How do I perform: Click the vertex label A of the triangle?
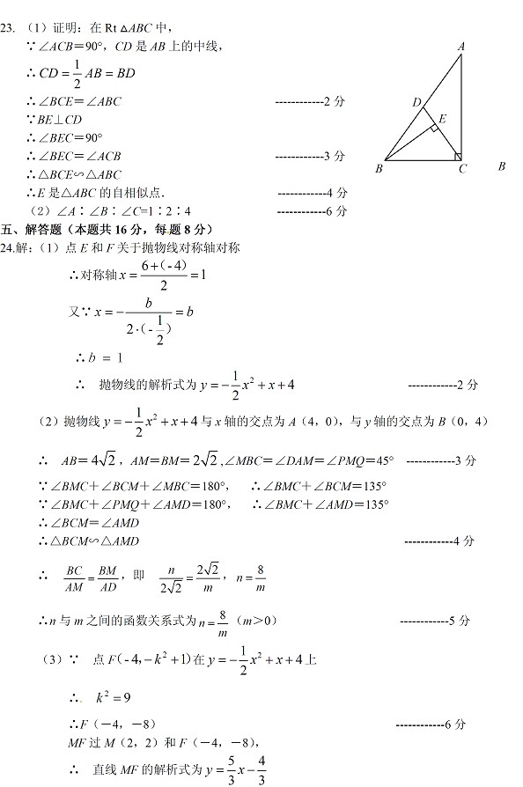click(461, 46)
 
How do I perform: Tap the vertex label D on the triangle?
click(416, 103)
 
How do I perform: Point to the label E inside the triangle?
click(442, 117)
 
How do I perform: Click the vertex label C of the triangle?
click(462, 168)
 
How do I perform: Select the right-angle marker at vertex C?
click(458, 157)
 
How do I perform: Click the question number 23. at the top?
click(7, 27)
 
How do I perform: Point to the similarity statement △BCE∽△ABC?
click(75, 174)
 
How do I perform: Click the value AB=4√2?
click(83, 460)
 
